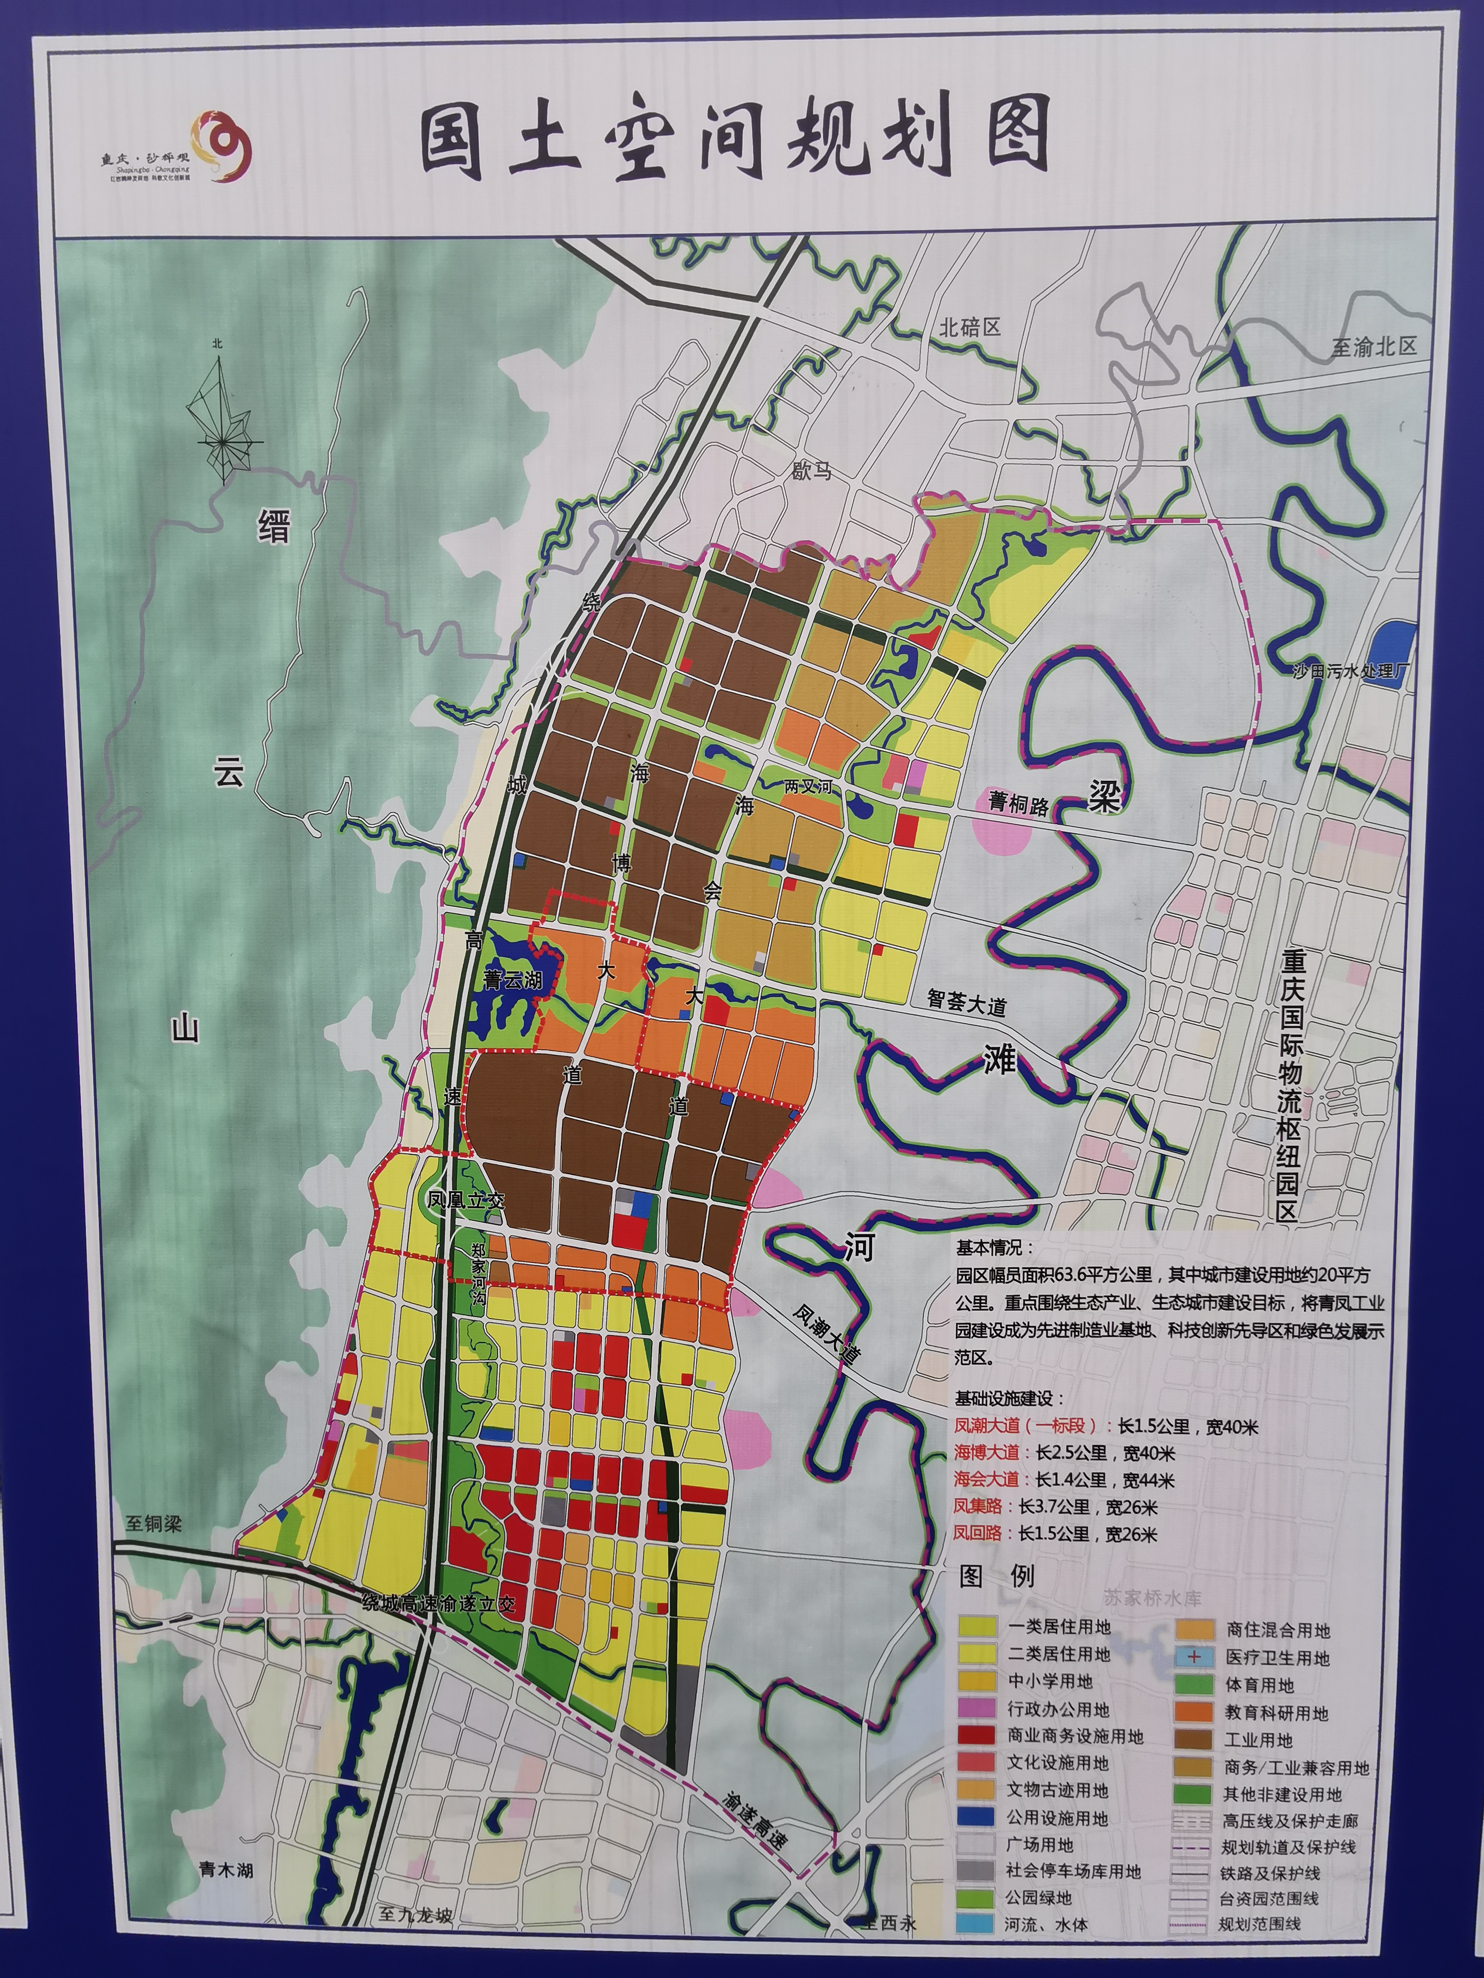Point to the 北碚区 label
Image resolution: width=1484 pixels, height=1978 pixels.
969,327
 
